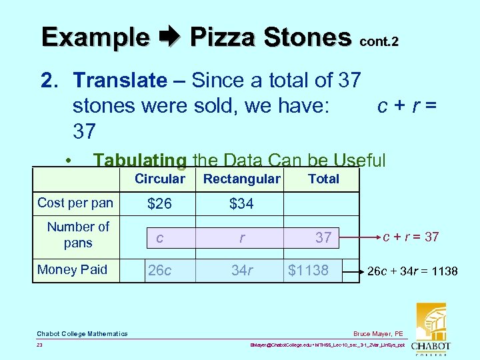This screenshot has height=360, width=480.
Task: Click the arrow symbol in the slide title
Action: point(169,37)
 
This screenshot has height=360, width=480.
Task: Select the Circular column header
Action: point(159,179)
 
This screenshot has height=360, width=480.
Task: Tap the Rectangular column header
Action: point(241,179)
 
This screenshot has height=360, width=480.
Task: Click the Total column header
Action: point(323,179)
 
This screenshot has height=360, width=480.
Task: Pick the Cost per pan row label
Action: point(75,203)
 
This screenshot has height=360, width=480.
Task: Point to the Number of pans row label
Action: point(78,235)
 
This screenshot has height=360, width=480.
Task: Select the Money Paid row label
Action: point(72,269)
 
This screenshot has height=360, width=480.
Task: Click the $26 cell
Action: point(159,204)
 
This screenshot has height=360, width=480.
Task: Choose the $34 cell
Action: point(241,204)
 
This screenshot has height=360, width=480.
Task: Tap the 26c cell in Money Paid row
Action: point(159,270)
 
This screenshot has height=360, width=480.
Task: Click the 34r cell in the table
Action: point(241,270)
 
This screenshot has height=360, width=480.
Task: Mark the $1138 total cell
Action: point(308,270)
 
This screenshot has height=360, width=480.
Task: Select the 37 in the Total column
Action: point(323,237)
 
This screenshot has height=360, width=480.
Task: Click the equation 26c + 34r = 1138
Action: point(413,271)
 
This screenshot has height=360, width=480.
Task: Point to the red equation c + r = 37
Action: point(411,236)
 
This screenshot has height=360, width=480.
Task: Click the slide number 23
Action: point(40,346)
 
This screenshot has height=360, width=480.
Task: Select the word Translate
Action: point(120,81)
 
